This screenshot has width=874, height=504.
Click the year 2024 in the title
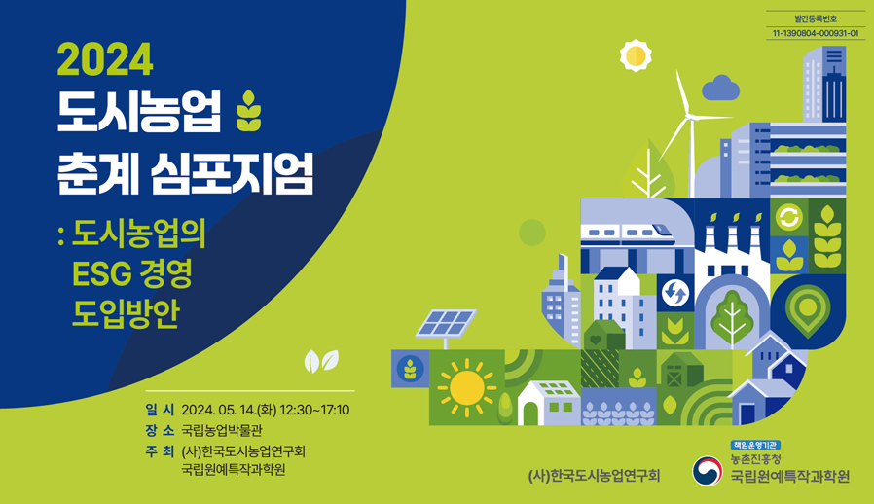[105, 59]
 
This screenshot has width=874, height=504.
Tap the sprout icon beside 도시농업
[248, 111]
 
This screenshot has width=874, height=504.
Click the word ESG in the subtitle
[102, 273]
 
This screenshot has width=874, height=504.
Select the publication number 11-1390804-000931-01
[816, 33]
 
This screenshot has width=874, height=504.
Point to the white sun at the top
[636, 55]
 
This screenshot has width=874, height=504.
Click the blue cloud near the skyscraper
[721, 88]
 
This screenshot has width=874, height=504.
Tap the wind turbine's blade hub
[691, 117]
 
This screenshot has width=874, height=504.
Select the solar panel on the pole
[446, 324]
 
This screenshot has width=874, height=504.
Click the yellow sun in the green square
[467, 388]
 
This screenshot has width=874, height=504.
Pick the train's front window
[662, 230]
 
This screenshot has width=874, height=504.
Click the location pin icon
[807, 308]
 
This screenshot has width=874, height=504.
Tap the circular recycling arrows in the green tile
[788, 217]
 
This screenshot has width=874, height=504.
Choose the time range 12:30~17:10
[314, 411]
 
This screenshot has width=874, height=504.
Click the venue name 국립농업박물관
[222, 430]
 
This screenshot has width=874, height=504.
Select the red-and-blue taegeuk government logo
[707, 471]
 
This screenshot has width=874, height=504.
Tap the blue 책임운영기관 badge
[756, 445]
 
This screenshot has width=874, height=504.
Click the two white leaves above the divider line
[321, 361]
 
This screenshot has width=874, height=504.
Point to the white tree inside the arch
[731, 319]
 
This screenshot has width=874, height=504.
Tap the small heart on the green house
[596, 340]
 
